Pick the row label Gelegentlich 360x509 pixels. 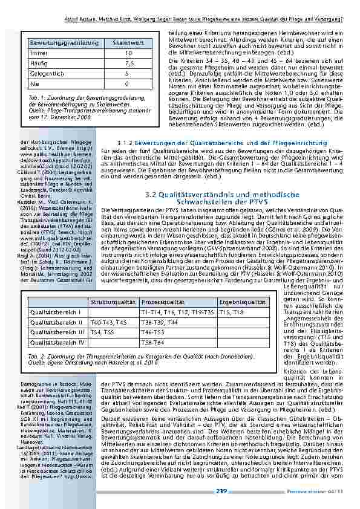48,73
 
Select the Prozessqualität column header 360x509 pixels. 161,301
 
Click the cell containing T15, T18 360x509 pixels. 230,311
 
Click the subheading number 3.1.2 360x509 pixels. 126,143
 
